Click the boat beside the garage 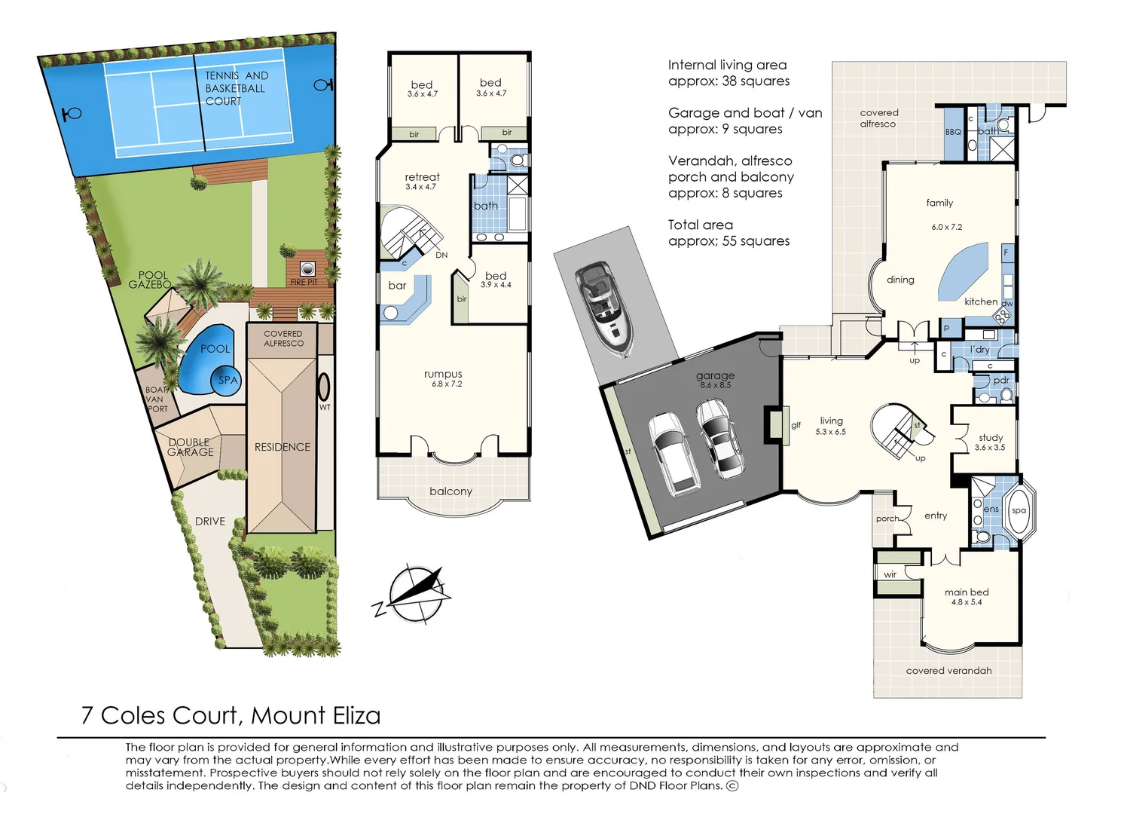pos(604,309)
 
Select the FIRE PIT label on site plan pos(304,283)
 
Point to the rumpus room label pos(443,374)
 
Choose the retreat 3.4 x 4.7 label pos(422,181)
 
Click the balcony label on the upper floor pos(451,491)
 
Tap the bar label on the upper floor pos(397,286)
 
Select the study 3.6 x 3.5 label pos(990,442)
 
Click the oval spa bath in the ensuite pos(1019,511)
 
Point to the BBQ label pos(953,132)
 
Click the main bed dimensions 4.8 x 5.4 pos(967,602)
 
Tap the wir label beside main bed pos(890,574)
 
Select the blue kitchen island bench pos(964,271)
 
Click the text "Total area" pos(700,225)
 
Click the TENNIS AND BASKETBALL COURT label pos(237,88)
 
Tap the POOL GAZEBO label pos(150,280)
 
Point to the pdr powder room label pos(1001,381)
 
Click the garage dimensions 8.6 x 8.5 pos(715,385)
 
